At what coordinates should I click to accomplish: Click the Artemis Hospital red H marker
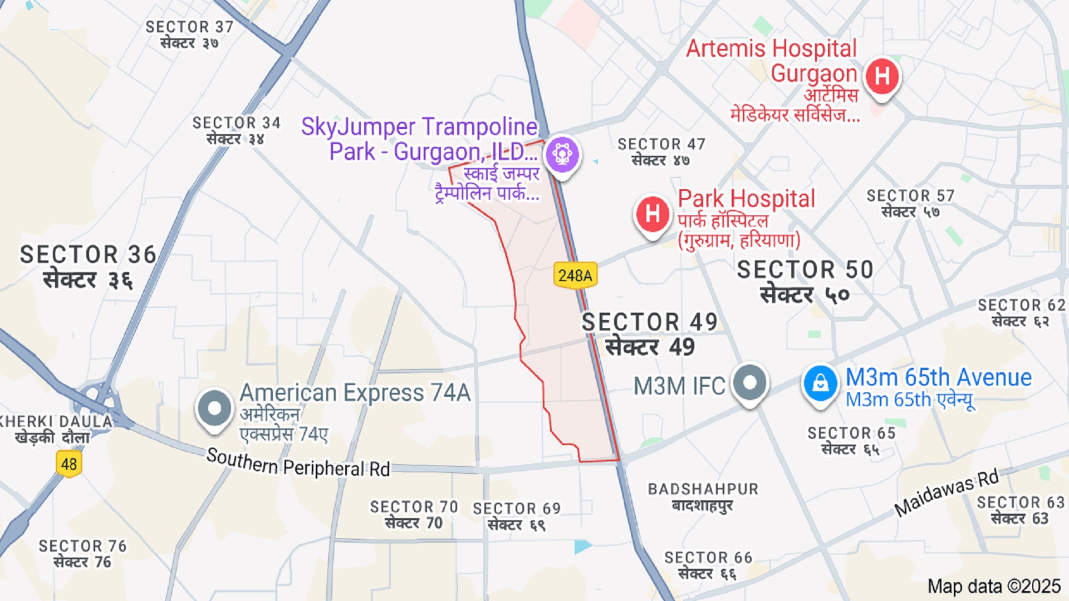coord(882,76)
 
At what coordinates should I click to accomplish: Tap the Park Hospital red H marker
coord(653,213)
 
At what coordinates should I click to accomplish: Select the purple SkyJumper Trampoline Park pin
coord(562,154)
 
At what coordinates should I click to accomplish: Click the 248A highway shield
coord(575,275)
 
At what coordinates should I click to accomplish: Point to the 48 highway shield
coord(69,464)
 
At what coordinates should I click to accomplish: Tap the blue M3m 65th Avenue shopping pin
coord(820,383)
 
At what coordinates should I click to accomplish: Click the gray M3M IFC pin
coord(749,383)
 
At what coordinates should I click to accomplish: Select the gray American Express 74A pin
coord(214,408)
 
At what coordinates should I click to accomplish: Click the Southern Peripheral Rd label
coord(298,464)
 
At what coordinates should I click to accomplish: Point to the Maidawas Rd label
coord(947,492)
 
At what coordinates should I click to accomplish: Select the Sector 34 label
coord(236,130)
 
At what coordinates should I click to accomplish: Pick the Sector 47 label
coord(661,152)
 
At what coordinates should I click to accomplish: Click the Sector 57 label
coord(910,204)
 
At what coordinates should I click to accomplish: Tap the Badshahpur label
coord(703,496)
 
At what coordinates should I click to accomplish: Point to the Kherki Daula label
coord(56,429)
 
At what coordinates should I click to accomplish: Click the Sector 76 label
coord(82,554)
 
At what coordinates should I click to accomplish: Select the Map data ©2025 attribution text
coord(994,586)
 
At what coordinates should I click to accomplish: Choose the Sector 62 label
coord(1022,313)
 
